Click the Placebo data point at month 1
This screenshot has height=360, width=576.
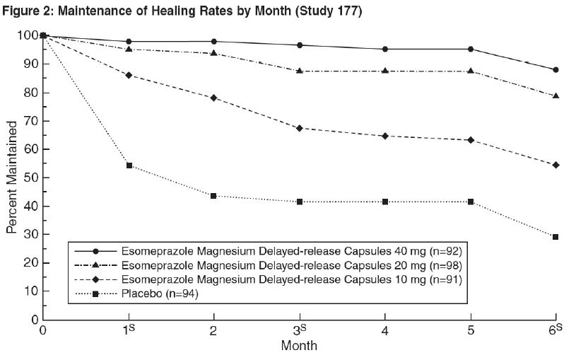coord(129,166)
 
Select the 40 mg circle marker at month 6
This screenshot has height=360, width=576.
coord(556,70)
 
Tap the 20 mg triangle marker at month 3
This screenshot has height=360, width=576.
coord(300,71)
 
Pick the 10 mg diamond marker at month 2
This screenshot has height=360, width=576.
coord(214,98)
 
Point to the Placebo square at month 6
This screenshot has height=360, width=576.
coord(556,237)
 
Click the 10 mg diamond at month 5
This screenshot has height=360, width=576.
coord(470,140)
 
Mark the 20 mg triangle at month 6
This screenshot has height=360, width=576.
coord(556,96)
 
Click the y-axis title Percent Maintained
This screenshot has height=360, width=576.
coord(12,178)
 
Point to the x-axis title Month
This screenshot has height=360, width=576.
coord(299,347)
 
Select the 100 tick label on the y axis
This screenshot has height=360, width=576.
coord(24,35)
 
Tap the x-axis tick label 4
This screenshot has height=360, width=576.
coord(384,331)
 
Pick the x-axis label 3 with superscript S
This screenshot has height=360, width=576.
coord(300,331)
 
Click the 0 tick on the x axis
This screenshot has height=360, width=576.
coord(43,331)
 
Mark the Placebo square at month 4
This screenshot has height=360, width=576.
coord(384,202)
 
